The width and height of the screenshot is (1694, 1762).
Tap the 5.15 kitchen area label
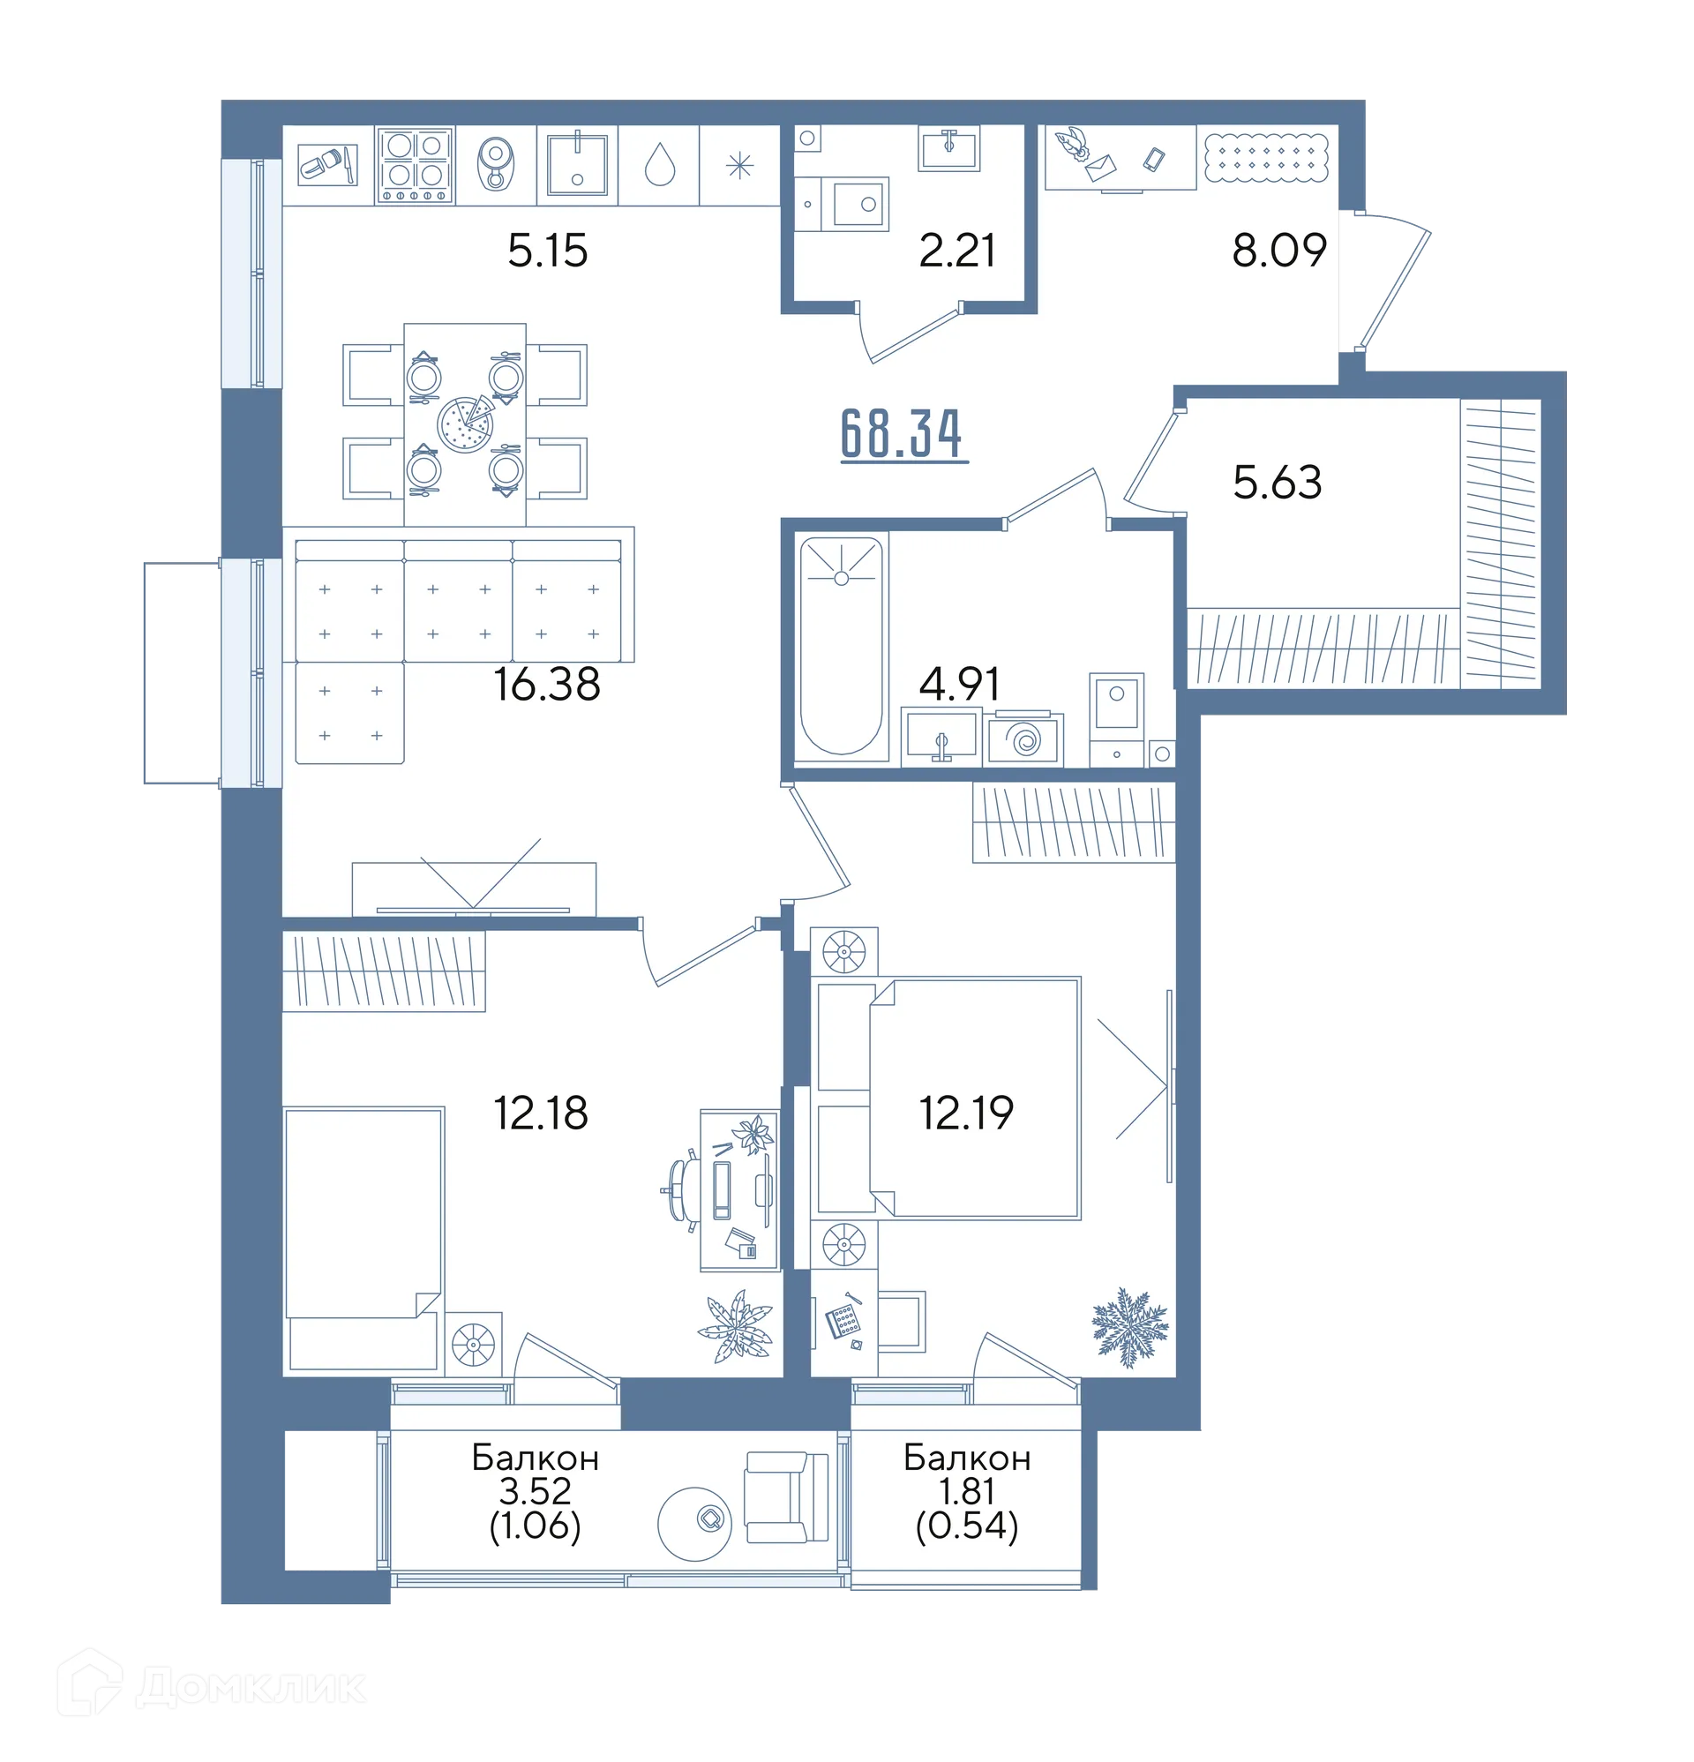(x=547, y=250)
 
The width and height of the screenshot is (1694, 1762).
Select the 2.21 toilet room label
(x=956, y=250)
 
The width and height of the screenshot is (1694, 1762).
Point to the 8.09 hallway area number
(x=1278, y=250)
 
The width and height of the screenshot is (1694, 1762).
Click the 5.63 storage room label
(x=1277, y=482)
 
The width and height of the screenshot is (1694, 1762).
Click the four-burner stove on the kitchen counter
(x=415, y=165)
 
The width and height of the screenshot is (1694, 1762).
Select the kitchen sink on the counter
(x=577, y=163)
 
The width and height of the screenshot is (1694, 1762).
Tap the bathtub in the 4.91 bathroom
(x=841, y=646)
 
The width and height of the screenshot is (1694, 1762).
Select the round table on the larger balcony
(x=695, y=1523)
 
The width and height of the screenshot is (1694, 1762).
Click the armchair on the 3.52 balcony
(x=786, y=1497)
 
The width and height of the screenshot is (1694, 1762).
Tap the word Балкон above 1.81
(x=967, y=1458)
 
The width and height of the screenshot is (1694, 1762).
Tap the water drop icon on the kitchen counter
(x=659, y=165)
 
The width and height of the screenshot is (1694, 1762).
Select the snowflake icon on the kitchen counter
(x=740, y=165)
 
